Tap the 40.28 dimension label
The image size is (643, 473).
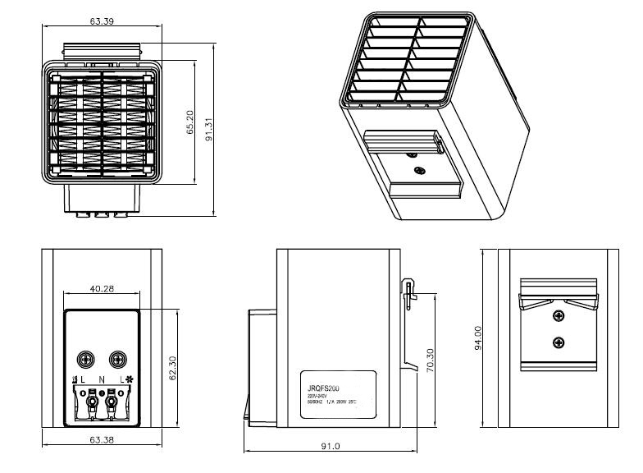102,288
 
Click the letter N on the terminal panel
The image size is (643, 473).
102,379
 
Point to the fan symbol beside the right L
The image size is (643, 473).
130,379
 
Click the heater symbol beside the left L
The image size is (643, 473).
75,379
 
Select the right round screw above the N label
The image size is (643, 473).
117,359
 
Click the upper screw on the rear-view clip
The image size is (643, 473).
559,316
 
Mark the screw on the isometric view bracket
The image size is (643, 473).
420,170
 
